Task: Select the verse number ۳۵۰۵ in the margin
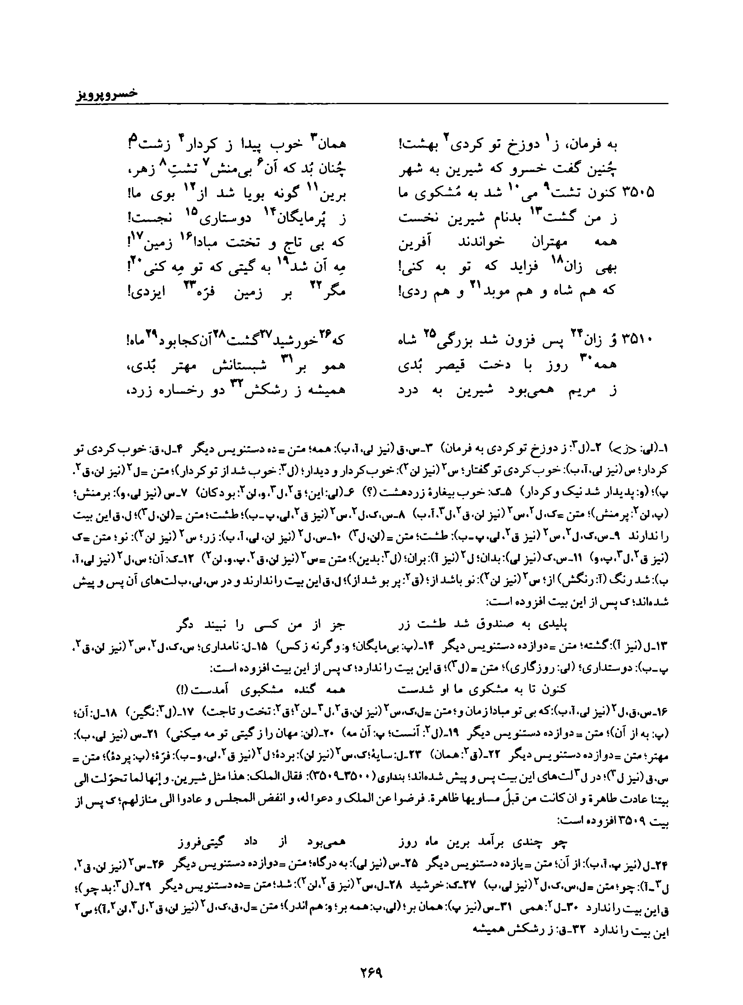click(x=637, y=193)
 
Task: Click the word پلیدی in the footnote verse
click(x=552, y=625)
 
